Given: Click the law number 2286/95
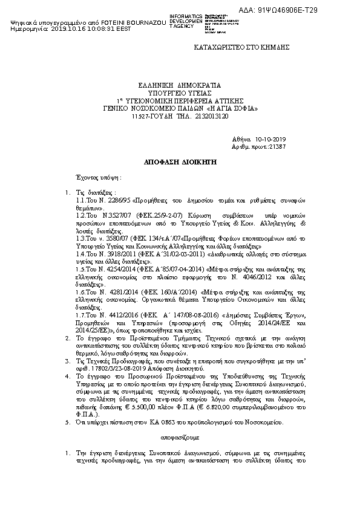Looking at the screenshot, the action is click(x=107, y=199).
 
